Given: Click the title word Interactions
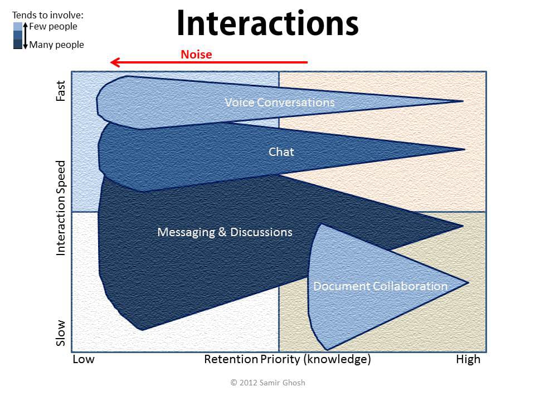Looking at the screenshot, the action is click(268, 23).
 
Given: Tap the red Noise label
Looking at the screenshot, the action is click(196, 55).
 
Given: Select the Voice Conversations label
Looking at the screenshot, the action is click(279, 102).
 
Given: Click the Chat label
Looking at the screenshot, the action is click(281, 151).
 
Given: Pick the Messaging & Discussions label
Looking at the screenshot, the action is click(225, 232).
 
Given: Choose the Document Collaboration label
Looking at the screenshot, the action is click(381, 286).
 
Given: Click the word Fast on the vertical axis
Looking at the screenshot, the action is click(60, 91).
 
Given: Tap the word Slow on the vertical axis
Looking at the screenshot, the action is click(60, 333).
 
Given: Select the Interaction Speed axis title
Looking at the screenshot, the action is click(60, 208).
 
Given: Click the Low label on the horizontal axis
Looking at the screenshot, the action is click(84, 359).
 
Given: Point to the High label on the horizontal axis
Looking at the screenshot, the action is click(468, 359).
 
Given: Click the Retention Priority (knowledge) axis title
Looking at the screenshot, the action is click(288, 360).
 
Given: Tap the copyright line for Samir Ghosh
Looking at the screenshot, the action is click(268, 383).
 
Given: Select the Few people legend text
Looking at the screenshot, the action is click(53, 27).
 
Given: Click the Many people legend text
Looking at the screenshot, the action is click(57, 45).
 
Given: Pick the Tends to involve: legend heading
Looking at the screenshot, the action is click(48, 15).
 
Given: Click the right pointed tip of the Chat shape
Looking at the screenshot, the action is click(465, 149).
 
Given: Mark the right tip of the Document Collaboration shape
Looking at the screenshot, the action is click(469, 283).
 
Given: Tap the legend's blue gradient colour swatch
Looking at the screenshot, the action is click(18, 36).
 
